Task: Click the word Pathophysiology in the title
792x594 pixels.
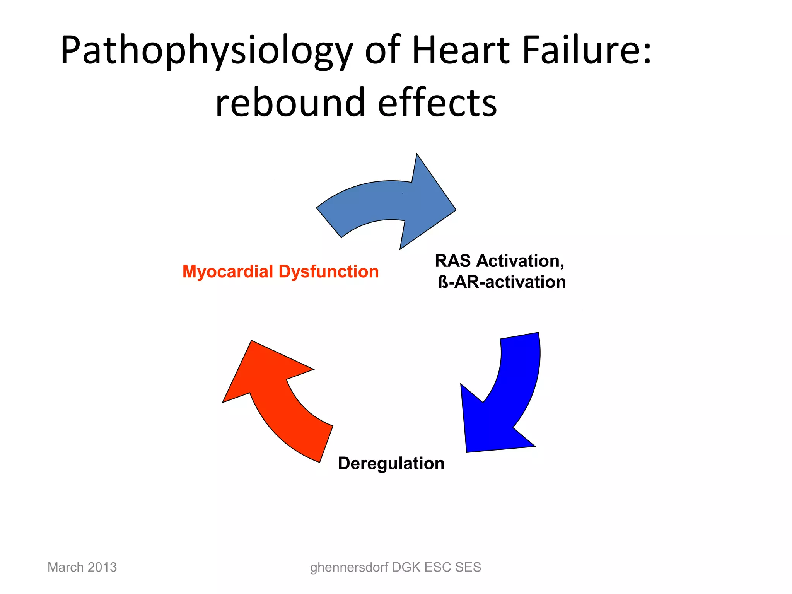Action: pyautogui.click(x=206, y=51)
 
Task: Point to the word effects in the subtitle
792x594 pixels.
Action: pyautogui.click(x=437, y=102)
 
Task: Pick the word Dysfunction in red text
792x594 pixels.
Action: pyautogui.click(x=328, y=272)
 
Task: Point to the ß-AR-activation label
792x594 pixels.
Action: pyautogui.click(x=502, y=282)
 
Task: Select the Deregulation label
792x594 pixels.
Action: pyautogui.click(x=391, y=463)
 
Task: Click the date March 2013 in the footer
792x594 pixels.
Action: pyautogui.click(x=82, y=567)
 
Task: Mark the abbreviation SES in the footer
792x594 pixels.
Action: pyautogui.click(x=468, y=567)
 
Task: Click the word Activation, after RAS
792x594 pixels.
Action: pyautogui.click(x=520, y=261)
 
